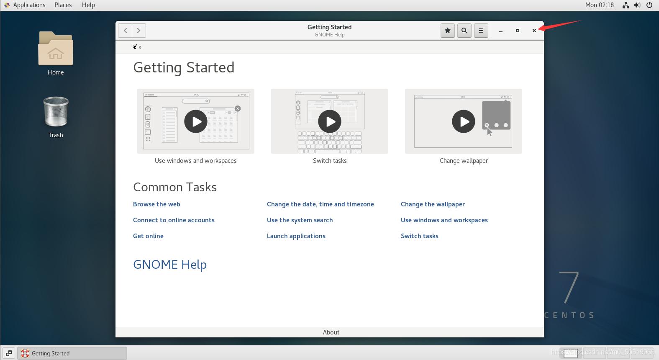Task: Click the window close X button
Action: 534,31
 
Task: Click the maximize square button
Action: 518,31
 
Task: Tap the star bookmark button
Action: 448,31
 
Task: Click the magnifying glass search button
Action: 464,31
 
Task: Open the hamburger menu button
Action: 481,31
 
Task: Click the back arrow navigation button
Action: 125,31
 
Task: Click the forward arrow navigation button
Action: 139,31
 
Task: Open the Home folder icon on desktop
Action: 56,49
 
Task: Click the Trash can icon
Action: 56,112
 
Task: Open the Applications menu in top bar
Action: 29,5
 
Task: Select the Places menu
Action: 63,5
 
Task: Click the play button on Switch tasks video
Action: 330,121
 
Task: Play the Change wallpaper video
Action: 464,121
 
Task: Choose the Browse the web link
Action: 156,204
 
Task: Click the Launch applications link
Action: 296,236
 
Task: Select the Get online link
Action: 148,236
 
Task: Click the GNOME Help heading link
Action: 170,265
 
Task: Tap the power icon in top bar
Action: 649,5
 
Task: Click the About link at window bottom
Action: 331,332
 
